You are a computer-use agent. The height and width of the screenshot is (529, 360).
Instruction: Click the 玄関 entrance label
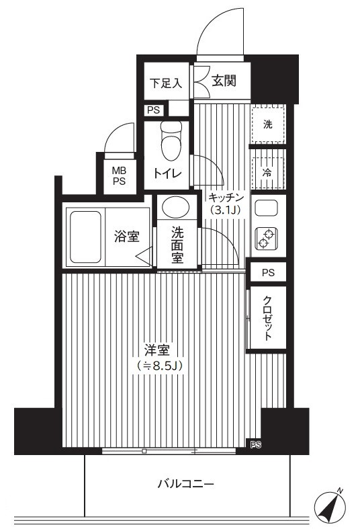pyautogui.click(x=224, y=81)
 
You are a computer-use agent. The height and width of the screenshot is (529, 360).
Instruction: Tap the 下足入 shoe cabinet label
pyautogui.click(x=166, y=83)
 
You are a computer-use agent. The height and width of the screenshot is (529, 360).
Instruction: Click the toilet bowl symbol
pyautogui.click(x=171, y=140)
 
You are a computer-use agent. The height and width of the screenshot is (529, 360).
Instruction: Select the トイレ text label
pyautogui.click(x=167, y=173)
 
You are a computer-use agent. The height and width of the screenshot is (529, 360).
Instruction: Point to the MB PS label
pyautogui.click(x=120, y=175)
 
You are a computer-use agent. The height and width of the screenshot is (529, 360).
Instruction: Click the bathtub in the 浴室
pyautogui.click(x=85, y=237)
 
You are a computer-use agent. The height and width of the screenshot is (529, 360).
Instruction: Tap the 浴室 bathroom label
pyautogui.click(x=127, y=236)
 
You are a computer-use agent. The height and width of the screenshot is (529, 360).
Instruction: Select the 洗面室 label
pyautogui.click(x=177, y=245)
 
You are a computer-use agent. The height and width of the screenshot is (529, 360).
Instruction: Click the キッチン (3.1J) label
pyautogui.click(x=226, y=204)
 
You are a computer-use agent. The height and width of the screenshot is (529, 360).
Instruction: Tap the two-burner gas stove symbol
pyautogui.click(x=266, y=239)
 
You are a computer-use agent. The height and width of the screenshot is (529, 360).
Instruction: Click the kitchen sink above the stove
pyautogui.click(x=266, y=208)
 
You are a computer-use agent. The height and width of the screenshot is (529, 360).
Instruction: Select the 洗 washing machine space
pyautogui.click(x=268, y=124)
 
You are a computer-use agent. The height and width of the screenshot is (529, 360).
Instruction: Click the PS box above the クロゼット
pyautogui.click(x=268, y=273)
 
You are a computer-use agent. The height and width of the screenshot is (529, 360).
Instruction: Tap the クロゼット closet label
pyautogui.click(x=267, y=318)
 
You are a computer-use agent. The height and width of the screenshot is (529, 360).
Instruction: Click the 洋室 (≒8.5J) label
pyautogui.click(x=159, y=358)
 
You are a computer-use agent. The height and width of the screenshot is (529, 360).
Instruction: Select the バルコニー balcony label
pyautogui.click(x=186, y=485)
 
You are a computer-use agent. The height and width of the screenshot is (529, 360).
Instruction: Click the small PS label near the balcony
pyautogui.click(x=256, y=446)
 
